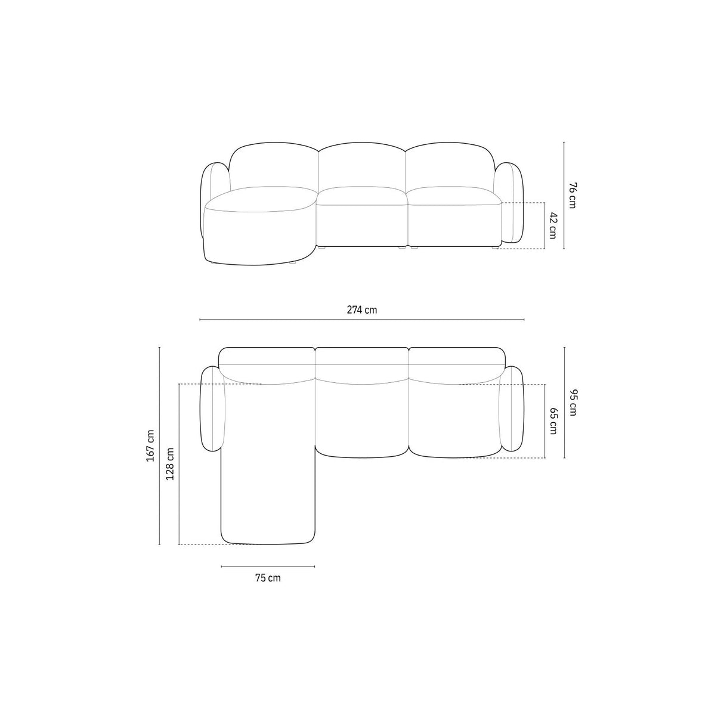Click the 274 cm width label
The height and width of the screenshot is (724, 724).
tap(362, 310)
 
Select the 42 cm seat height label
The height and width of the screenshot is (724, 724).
tap(552, 225)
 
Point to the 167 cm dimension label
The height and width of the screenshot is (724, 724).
tap(150, 445)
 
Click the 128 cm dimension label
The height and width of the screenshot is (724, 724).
tap(171, 464)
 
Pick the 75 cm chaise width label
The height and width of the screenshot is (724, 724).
tap(268, 578)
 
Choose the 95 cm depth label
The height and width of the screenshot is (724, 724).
tap(573, 403)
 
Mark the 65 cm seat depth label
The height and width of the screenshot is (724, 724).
tap(553, 421)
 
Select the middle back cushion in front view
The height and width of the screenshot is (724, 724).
tap(362, 167)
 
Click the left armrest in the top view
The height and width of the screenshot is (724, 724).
tap(212, 409)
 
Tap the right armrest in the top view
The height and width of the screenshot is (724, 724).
tap(512, 409)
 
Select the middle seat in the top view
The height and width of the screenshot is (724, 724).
tap(362, 417)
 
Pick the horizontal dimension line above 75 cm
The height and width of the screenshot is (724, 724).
tap(268, 566)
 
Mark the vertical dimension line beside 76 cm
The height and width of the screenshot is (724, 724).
tap(564, 195)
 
